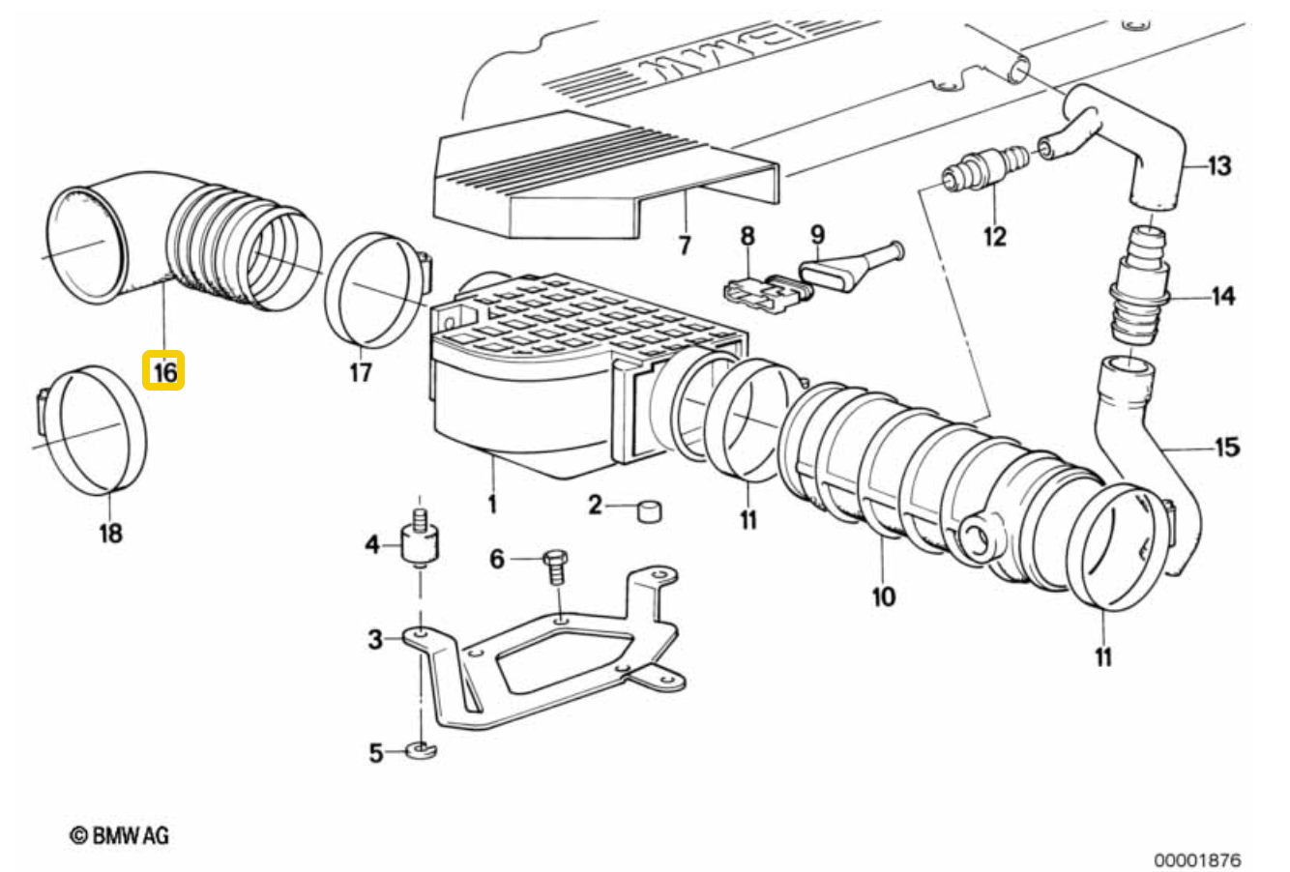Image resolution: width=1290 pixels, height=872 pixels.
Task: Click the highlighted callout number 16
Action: coord(164,371)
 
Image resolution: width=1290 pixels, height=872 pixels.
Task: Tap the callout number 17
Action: coord(361,372)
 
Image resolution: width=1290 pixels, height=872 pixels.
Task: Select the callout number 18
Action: coord(110,533)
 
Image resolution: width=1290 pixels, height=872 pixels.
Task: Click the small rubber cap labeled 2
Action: coord(650,511)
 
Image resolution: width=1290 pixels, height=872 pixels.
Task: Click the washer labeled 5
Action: coord(422,750)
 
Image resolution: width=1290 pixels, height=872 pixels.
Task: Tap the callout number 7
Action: coord(684,246)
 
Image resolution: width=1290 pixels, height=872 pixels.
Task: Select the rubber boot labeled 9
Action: coord(851,268)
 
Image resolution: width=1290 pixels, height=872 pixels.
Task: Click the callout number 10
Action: coord(884,596)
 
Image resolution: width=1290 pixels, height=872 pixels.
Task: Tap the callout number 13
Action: coord(1219,165)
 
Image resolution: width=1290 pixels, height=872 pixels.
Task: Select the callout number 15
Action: coord(1227,448)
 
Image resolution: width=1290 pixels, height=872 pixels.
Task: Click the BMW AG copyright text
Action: coord(119,835)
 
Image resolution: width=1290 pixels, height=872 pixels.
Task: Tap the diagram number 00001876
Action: coord(1197,860)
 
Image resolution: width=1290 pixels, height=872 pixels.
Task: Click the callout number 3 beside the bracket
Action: coord(375,639)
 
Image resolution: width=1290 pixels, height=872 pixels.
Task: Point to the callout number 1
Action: coord(492,505)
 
